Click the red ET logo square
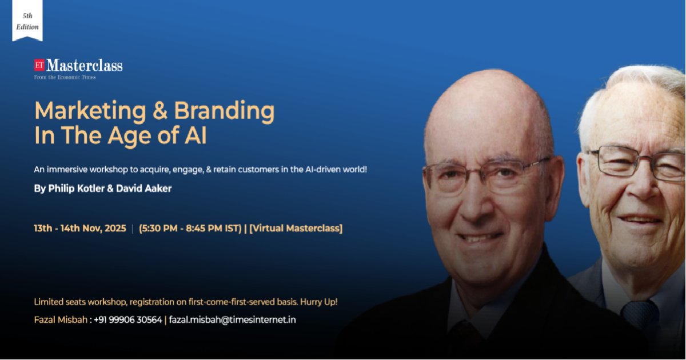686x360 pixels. [39, 65]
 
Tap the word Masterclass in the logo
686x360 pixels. [85, 66]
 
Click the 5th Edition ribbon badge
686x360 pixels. [27, 21]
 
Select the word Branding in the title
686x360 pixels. [224, 111]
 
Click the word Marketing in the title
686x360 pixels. [90, 111]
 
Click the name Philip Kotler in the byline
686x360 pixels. [76, 188]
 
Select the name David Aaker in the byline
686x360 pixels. [143, 188]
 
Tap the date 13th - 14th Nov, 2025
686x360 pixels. [80, 229]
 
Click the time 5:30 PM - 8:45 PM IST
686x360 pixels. [190, 229]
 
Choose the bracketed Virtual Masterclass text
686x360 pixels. [296, 229]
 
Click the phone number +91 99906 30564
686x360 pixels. [127, 320]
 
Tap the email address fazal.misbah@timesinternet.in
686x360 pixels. [233, 320]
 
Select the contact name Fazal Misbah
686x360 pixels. [61, 320]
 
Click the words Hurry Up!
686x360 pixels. [319, 302]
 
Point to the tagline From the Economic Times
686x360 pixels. [65, 78]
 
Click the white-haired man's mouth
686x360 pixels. [640, 221]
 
